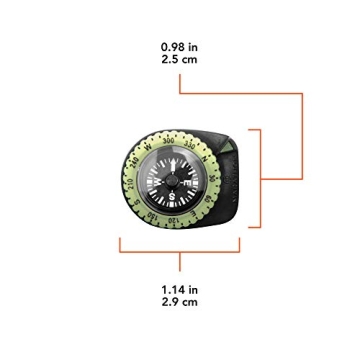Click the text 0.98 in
(x=180, y=46)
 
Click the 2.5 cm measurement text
(x=180, y=60)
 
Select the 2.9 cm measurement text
(x=180, y=302)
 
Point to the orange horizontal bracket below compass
(x=180, y=250)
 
